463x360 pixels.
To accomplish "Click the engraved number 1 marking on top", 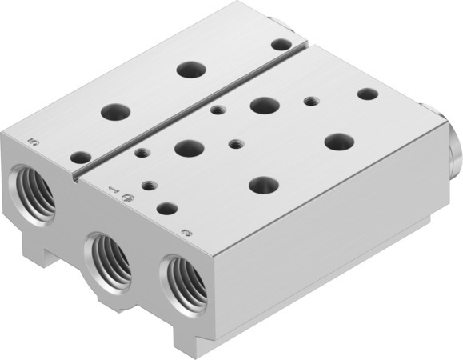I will pos(113,190).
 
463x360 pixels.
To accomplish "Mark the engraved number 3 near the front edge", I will pos(186,233).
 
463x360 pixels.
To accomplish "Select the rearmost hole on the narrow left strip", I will pos(280,45).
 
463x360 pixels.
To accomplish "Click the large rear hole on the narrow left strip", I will pos(190,70).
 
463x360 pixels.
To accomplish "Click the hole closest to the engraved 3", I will pos(166,209).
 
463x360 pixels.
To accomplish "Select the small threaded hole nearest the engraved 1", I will pos(147,186).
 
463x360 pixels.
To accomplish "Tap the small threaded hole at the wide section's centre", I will pos(234,144).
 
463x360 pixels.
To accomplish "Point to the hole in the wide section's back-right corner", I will pos(367,94).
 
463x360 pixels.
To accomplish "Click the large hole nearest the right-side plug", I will pos(339,142).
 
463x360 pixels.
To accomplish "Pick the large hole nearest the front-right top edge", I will pos(263,185).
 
